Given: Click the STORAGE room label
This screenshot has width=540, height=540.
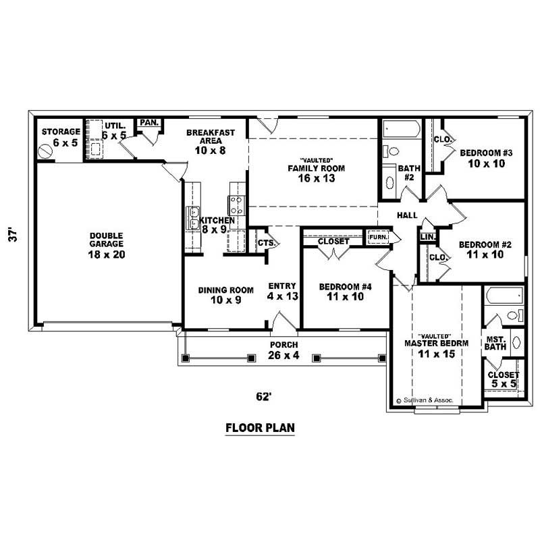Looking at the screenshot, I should click(x=61, y=132).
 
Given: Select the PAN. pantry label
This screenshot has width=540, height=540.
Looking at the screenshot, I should click(x=148, y=123).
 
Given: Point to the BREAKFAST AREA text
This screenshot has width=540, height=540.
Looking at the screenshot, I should click(x=211, y=137).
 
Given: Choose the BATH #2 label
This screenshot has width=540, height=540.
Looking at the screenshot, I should click(x=410, y=172).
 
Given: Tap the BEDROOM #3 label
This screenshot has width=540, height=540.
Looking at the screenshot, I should click(x=487, y=153).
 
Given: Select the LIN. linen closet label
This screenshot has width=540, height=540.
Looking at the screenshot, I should click(x=427, y=236).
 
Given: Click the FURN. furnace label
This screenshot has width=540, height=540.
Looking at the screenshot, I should click(x=377, y=237).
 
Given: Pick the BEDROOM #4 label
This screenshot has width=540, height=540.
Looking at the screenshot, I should click(x=345, y=286).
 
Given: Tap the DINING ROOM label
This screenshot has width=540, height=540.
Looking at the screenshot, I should click(x=225, y=290).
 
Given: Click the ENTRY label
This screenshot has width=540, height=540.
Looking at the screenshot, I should click(x=279, y=286).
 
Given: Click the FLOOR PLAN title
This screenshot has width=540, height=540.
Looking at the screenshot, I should click(x=260, y=428).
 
